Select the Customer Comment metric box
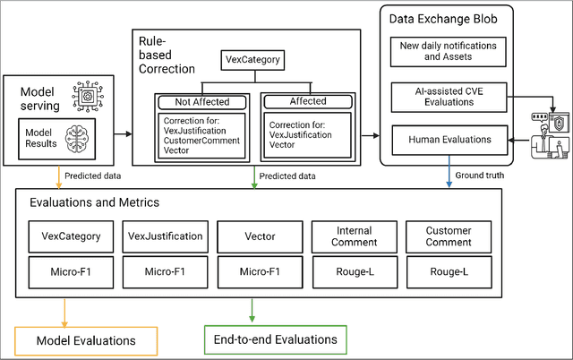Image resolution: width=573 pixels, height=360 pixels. pyautogui.click(x=449, y=236)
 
